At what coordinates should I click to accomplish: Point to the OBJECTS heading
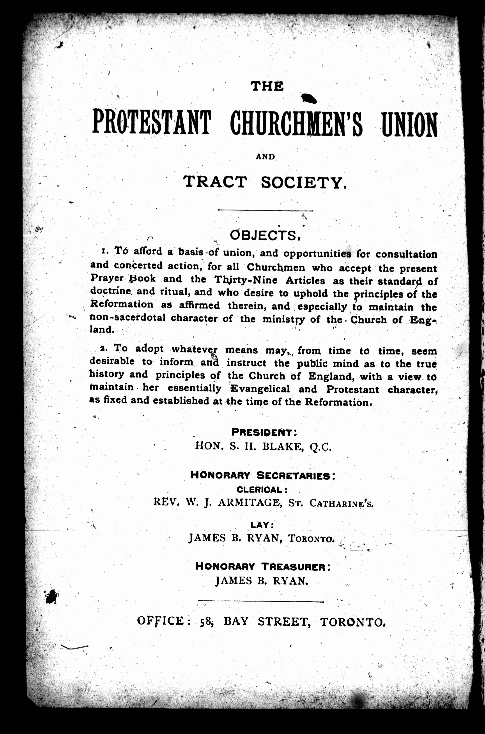tap(265, 236)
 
